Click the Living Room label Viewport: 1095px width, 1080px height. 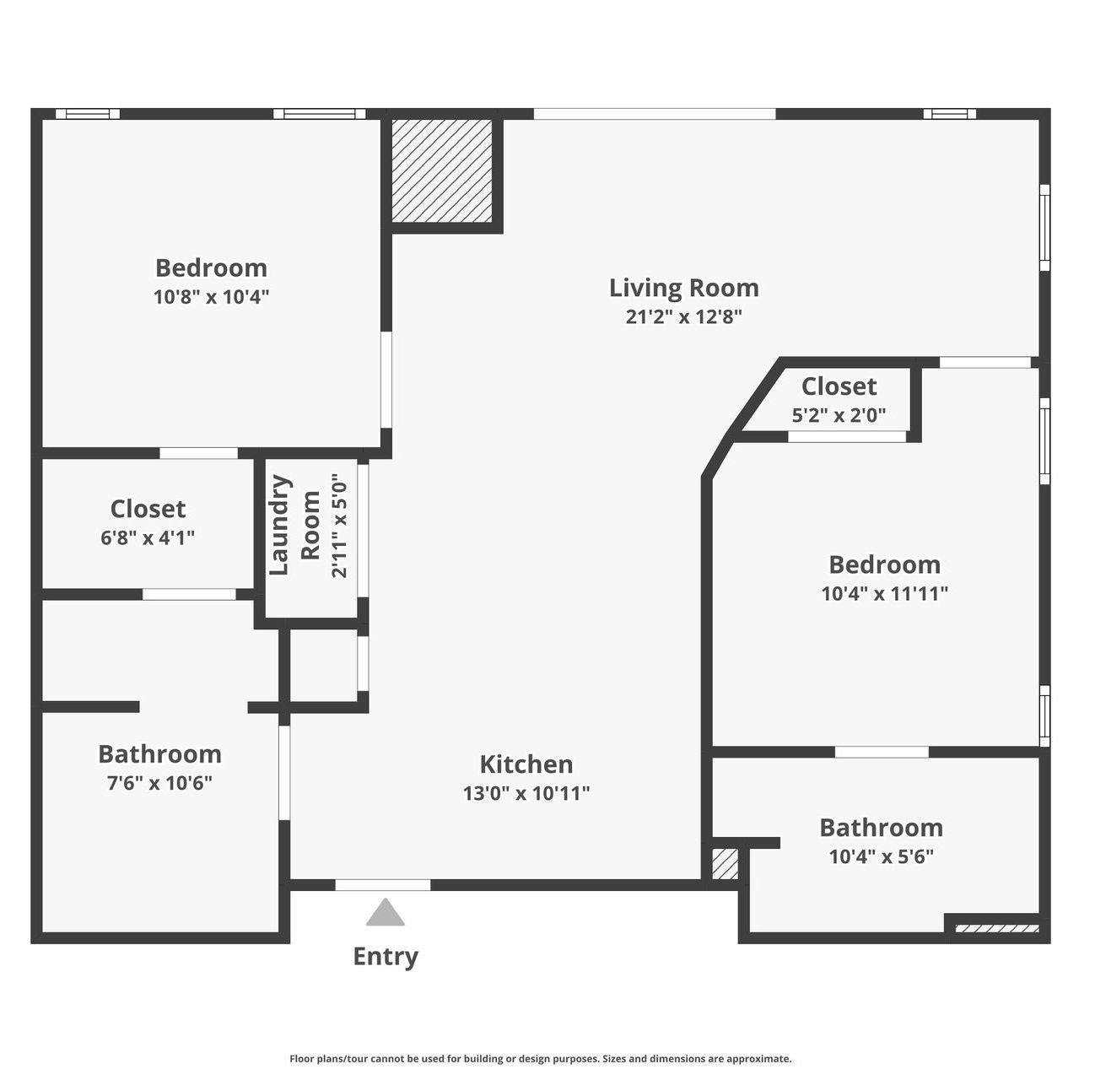pos(683,288)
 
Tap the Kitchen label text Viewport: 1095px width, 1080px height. pos(526,764)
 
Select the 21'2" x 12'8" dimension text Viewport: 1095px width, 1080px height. pos(683,316)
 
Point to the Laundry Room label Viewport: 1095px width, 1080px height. pos(294,526)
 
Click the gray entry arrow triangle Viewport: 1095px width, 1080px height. pos(386,913)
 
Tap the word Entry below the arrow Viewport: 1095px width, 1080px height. pos(386,956)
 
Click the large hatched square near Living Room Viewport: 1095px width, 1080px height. pos(442,171)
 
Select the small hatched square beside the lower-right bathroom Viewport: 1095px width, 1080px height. pos(725,864)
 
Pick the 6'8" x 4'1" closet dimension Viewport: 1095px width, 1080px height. pos(148,537)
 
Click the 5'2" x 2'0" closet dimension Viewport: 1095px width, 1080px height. pos(839,415)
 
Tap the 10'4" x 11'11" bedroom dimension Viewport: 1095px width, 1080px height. pos(884,593)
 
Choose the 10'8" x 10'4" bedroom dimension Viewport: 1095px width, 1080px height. pos(211,297)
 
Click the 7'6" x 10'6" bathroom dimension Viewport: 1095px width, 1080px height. pos(159,783)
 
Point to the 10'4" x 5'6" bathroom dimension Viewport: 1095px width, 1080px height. pos(881,857)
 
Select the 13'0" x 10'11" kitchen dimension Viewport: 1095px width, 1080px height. pos(526,793)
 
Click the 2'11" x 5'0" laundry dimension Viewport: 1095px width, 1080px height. pos(339,526)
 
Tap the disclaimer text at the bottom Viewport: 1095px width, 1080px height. pos(540,1058)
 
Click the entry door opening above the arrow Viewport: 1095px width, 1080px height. pos(383,885)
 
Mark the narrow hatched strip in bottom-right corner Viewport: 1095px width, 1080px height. pos(996,929)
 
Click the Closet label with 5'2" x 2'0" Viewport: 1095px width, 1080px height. pos(839,386)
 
